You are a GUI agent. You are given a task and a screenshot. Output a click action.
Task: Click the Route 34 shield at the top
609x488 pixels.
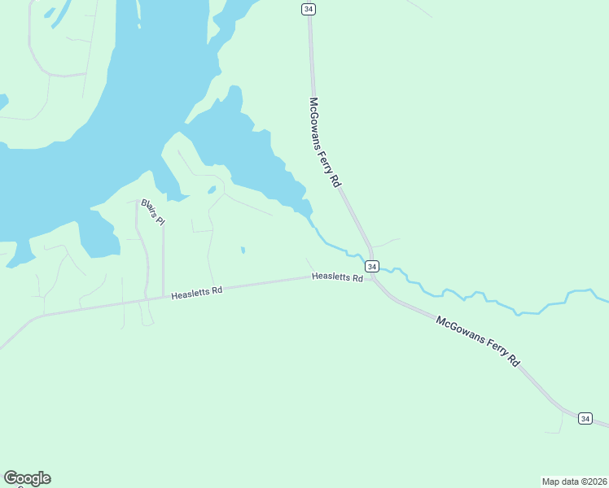click(308, 8)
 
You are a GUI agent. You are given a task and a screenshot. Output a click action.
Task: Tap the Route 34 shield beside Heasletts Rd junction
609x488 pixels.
click(371, 267)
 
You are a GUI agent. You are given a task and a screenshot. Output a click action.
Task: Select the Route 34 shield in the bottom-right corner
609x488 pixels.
click(585, 418)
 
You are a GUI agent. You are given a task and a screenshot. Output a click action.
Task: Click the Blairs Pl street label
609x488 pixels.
click(153, 211)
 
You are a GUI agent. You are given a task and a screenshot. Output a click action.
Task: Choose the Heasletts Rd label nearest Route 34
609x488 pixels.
click(337, 277)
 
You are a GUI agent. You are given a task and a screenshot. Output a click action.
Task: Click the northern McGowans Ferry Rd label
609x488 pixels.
click(323, 142)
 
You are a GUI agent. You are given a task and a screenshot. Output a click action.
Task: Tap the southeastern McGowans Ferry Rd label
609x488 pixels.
click(477, 342)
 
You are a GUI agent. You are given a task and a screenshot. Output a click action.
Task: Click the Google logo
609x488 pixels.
click(27, 478)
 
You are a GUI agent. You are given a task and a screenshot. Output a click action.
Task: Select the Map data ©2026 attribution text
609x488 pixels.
click(574, 481)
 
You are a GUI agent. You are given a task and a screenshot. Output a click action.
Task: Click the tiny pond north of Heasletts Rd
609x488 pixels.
click(243, 250)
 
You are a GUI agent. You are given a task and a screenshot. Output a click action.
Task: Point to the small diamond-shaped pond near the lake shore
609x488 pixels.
click(212, 190)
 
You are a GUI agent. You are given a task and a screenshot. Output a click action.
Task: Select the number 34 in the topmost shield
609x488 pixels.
click(308, 8)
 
